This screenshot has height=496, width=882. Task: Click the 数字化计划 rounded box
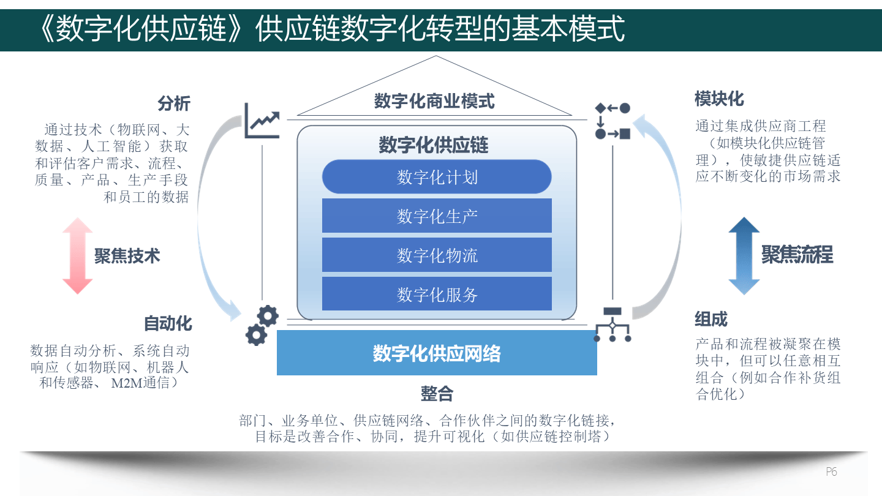[437, 177]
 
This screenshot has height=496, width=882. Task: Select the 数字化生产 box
[437, 216]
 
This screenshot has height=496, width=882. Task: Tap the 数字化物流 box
[437, 255]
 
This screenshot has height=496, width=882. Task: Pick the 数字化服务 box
[437, 294]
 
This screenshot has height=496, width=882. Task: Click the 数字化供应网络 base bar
[437, 353]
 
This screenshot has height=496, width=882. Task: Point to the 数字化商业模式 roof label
[434, 101]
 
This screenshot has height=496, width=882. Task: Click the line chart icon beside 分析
[262, 121]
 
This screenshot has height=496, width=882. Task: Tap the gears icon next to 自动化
[262, 325]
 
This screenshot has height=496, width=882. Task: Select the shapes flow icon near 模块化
[612, 121]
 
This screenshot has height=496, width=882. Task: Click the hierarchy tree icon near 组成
[612, 324]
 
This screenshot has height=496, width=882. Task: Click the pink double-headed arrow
[77, 255]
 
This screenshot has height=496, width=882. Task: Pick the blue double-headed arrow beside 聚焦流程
[744, 255]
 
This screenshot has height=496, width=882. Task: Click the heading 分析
[174, 103]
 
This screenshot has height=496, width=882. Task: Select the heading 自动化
[168, 323]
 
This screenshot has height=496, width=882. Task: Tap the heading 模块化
[719, 99]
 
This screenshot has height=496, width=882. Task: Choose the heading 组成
[711, 319]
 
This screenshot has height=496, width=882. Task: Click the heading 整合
[437, 394]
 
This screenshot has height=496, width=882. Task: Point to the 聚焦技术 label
[127, 255]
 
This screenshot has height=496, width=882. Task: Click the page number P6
[831, 472]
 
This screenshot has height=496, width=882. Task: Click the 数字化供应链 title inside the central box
[433, 145]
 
